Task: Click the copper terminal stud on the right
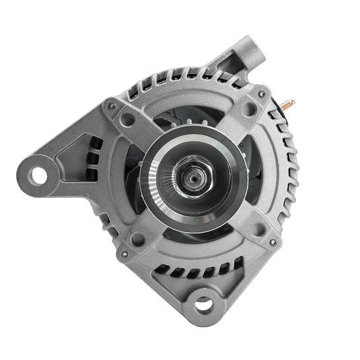(289, 103)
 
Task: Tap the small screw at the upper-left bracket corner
(112, 106)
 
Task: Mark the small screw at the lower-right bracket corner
(272, 242)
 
